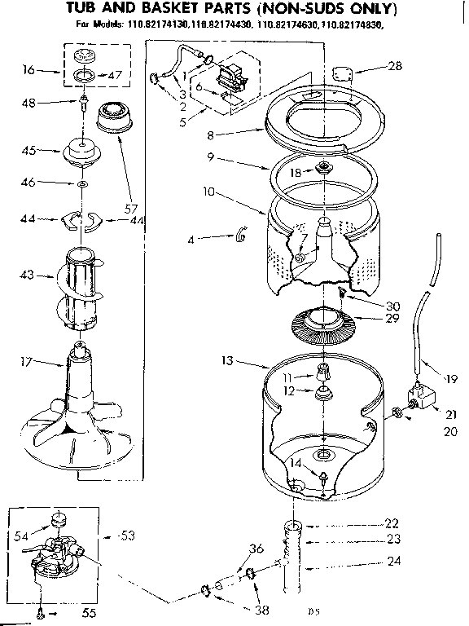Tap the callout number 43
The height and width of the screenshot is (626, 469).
coord(26,276)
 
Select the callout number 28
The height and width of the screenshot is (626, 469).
coord(395,66)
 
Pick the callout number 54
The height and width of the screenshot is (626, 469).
coord(22,535)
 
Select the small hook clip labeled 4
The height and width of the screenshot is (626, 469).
coord(240,237)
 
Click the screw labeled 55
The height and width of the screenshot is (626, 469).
coord(42,607)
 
